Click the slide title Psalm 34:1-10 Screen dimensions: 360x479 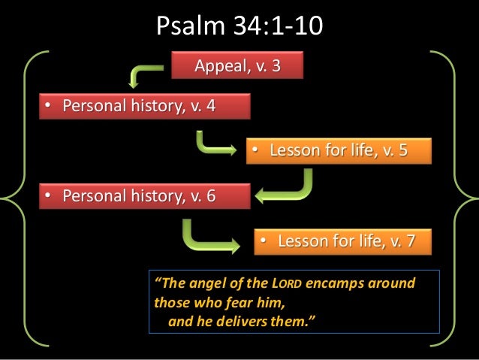239,27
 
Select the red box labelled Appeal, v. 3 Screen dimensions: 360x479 238,66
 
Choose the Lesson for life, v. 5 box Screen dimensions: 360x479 339,151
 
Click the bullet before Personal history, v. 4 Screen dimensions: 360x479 47,107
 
